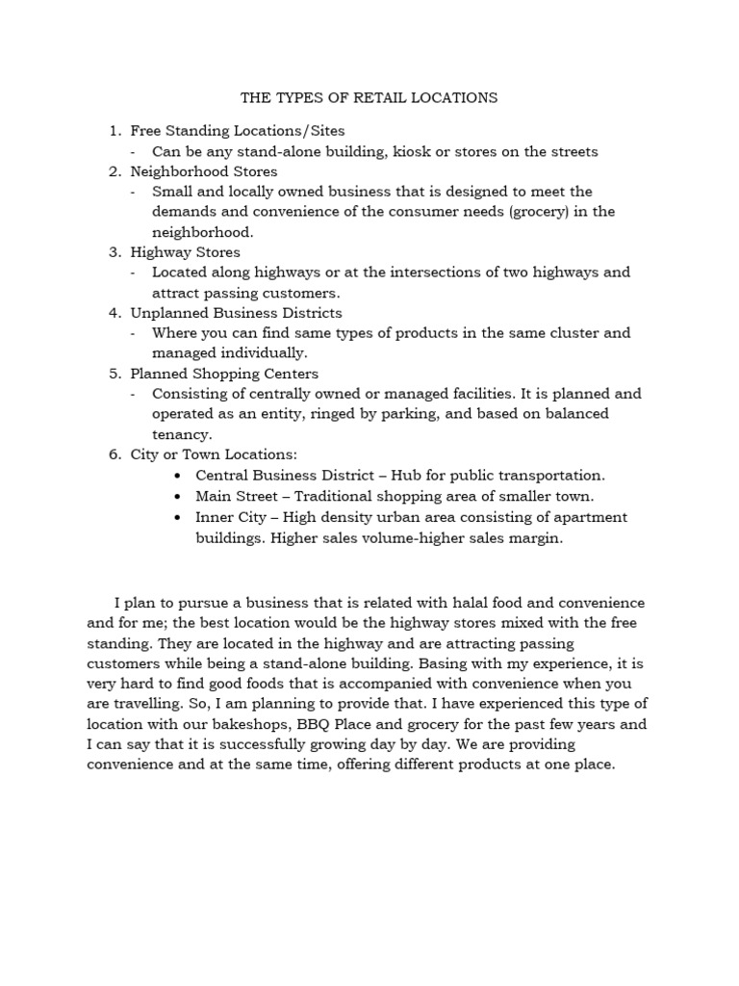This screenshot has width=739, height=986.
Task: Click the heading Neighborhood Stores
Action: click(x=203, y=171)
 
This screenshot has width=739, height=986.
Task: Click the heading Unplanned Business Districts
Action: click(x=236, y=313)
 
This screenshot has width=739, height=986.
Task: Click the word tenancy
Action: click(x=180, y=434)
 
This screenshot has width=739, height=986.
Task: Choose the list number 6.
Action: click(x=115, y=454)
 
